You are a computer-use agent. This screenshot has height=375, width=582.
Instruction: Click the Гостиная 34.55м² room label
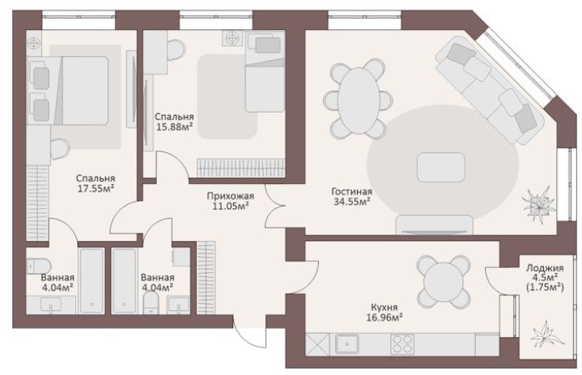[x=351, y=197]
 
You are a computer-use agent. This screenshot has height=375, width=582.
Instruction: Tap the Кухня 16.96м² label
[x=384, y=313]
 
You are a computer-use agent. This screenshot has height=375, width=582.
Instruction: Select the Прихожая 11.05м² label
[x=231, y=201]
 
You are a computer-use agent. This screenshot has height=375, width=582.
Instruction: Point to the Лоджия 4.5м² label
[x=545, y=272]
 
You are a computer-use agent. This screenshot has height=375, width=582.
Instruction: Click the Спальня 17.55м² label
[x=96, y=183]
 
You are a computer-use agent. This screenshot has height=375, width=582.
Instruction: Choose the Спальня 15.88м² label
[x=174, y=121]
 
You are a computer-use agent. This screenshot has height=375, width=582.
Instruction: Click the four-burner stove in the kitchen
[x=402, y=344]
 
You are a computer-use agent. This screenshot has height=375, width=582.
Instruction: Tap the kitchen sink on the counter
[x=347, y=344]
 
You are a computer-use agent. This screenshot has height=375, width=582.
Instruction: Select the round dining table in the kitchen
[x=444, y=281]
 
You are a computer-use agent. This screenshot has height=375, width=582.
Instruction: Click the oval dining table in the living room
[x=358, y=100]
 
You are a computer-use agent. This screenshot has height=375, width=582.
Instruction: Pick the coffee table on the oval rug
[x=440, y=167]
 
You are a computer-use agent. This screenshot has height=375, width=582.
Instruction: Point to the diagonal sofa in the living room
[x=490, y=90]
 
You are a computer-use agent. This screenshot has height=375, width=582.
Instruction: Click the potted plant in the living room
[x=538, y=205]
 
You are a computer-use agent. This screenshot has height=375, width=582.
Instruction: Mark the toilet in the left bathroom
[x=39, y=266]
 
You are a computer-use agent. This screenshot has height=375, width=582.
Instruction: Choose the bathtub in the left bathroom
[x=91, y=281]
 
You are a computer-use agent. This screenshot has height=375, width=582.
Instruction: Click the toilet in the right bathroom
[x=151, y=301]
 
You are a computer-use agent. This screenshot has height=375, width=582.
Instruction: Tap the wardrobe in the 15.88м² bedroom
[x=241, y=168]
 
